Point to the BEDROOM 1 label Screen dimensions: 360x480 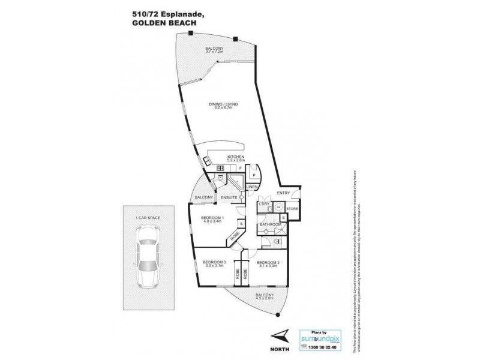click(212, 217)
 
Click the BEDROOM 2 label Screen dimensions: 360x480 click(268, 263)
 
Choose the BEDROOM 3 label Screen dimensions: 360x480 click(214, 263)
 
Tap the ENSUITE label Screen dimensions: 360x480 click(229, 197)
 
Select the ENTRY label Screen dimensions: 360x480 click(283, 193)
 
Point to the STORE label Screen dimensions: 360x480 click(292, 208)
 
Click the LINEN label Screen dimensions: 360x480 click(251, 187)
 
